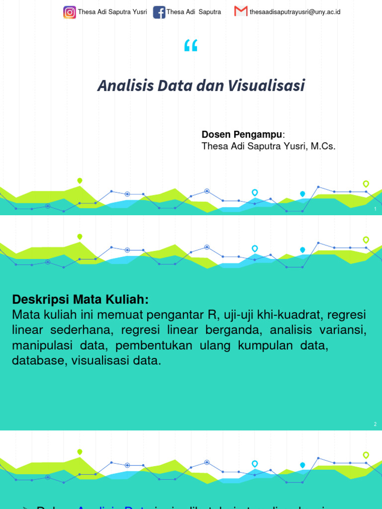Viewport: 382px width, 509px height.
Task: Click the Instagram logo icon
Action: point(70,12)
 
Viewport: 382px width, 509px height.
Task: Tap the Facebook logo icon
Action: point(159,12)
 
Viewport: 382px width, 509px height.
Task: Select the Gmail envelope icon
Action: point(241,11)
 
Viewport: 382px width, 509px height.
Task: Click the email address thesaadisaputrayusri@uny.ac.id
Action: point(295,12)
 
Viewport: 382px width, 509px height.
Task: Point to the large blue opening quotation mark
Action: point(191,47)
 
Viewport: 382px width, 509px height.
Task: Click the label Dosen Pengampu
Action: point(242,135)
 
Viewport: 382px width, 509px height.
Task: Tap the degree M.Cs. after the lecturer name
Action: point(323,146)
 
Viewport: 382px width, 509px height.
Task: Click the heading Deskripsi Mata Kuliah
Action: point(80,300)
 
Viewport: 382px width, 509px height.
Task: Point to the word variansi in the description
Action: point(343,331)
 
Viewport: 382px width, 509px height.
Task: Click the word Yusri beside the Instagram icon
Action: point(139,12)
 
